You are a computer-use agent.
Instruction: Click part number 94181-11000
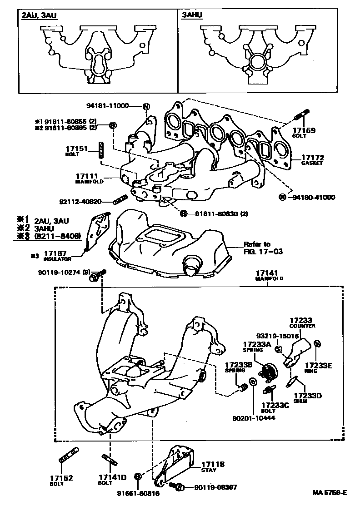pyautogui.click(x=107, y=106)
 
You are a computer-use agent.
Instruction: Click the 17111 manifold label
pyautogui.click(x=89, y=175)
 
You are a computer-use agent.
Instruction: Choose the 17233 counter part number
pyautogui.click(x=302, y=320)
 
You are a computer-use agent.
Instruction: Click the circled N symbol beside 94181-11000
pyautogui.click(x=146, y=106)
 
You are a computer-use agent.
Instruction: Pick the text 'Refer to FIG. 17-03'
pyautogui.click(x=263, y=248)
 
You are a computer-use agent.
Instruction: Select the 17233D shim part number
pyautogui.click(x=307, y=395)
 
